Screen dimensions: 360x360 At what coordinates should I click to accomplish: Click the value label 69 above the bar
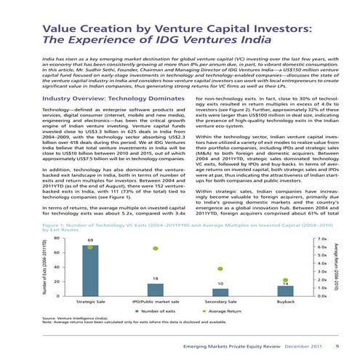pyautogui.click(x=90, y=239)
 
